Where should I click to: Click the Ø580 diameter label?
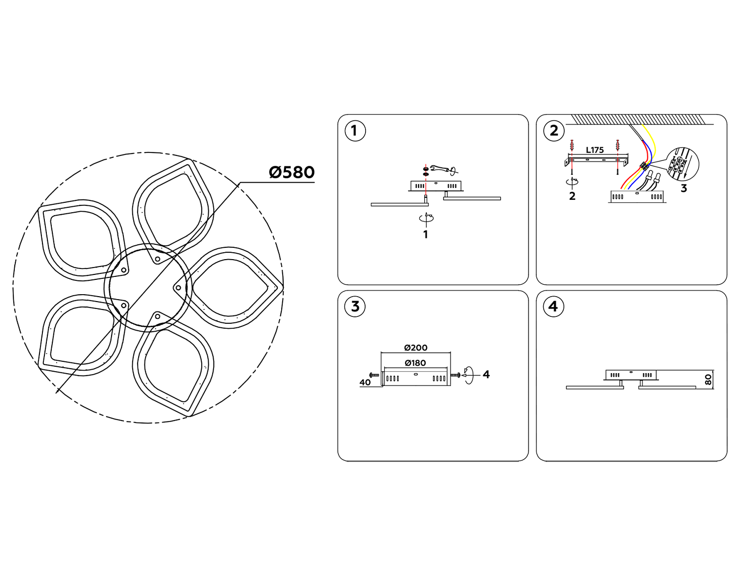pyautogui.click(x=292, y=172)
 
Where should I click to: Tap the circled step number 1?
pyautogui.click(x=354, y=131)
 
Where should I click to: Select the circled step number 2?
pyautogui.click(x=554, y=131)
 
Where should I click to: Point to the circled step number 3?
pyautogui.click(x=355, y=307)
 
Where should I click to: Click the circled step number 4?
pyautogui.click(x=553, y=307)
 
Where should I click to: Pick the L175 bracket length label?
pyautogui.click(x=594, y=150)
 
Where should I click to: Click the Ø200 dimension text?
pyautogui.click(x=415, y=347)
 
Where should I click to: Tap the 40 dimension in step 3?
pyautogui.click(x=365, y=382)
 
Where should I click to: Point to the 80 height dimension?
pyautogui.click(x=708, y=380)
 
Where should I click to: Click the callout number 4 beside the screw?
pyautogui.click(x=486, y=375)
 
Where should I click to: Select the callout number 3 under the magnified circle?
pyautogui.click(x=683, y=188)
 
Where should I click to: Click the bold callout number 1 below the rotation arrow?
pyautogui.click(x=425, y=234)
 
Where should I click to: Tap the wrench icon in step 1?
pyautogui.click(x=440, y=169)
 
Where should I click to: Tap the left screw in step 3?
pyautogui.click(x=374, y=376)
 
